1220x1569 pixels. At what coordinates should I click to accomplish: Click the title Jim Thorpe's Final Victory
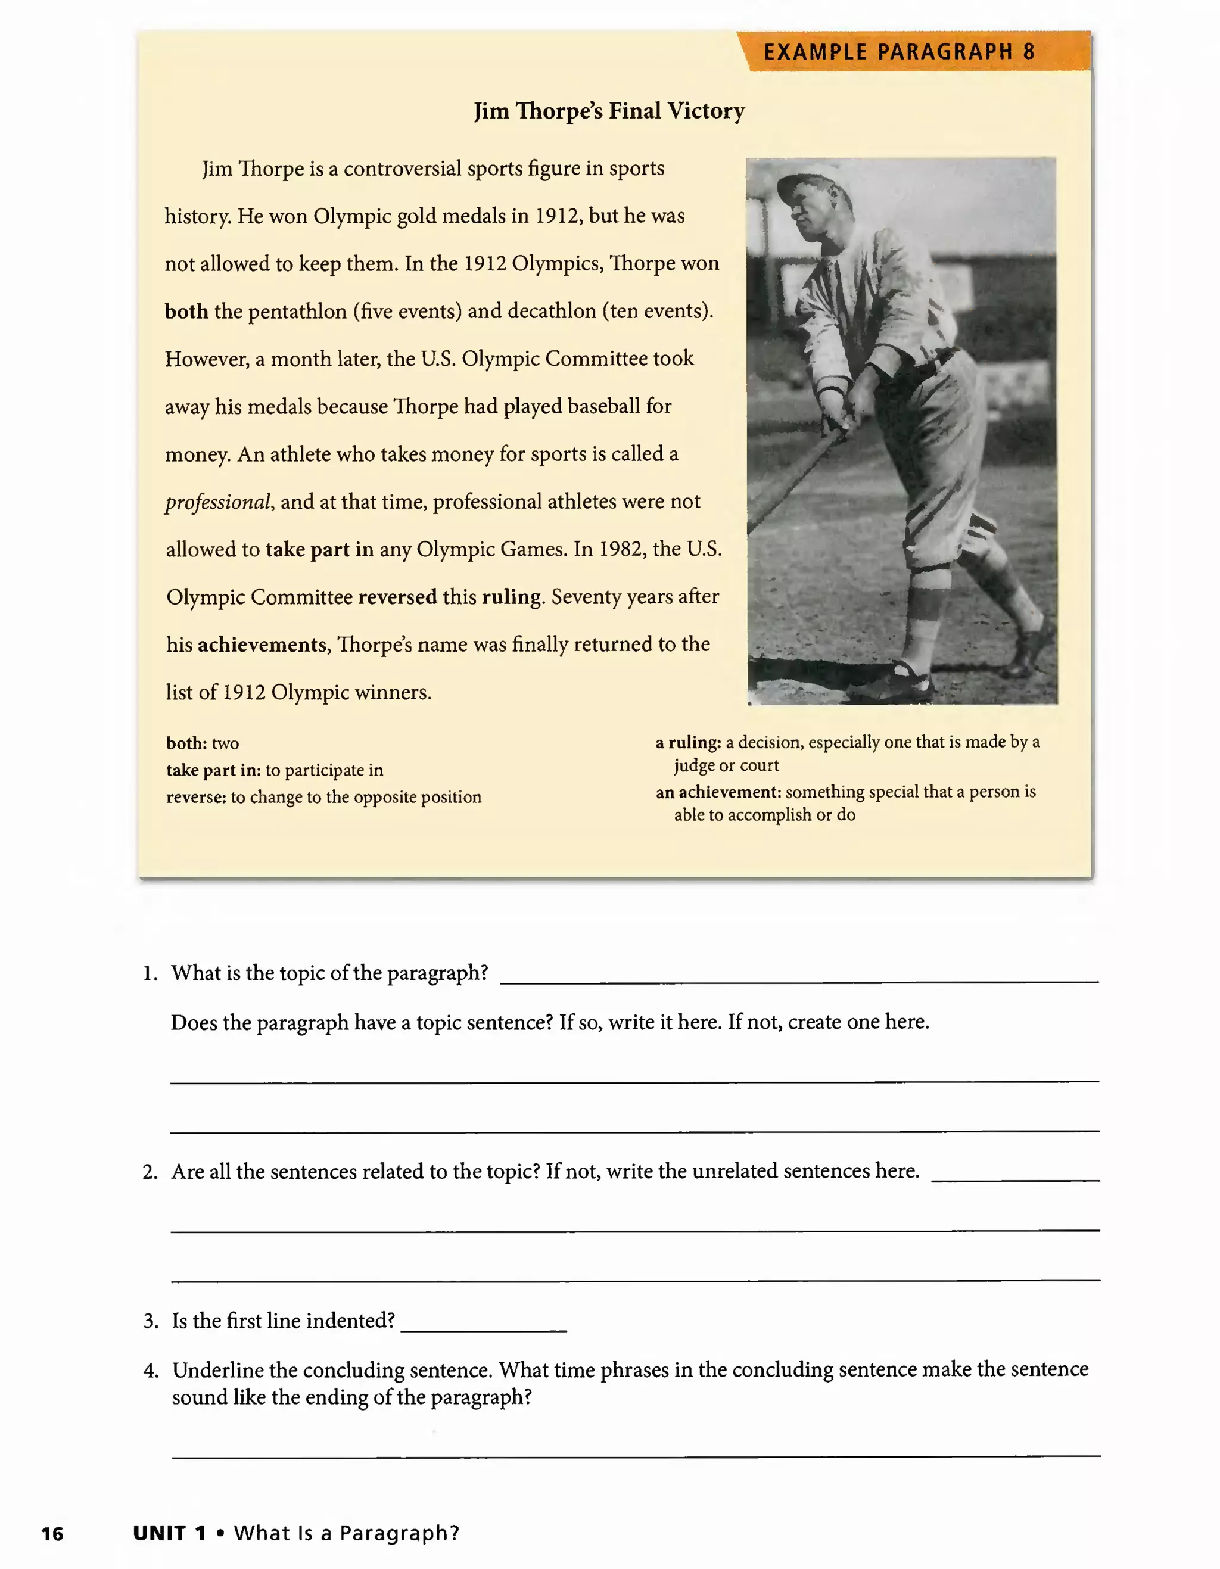pos(609,111)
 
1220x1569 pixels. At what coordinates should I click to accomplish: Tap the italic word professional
pos(217,502)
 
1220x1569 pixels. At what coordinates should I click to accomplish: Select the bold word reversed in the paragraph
pos(397,597)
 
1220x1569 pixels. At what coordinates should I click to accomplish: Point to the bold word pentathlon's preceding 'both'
pos(186,311)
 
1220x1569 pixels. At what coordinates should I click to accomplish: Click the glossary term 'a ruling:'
pos(687,742)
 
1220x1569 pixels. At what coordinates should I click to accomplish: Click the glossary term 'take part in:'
pos(213,770)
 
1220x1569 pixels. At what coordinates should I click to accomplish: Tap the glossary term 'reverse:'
pos(195,797)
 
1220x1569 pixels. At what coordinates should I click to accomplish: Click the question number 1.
pos(150,973)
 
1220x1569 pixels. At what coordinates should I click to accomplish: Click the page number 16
pos(52,1534)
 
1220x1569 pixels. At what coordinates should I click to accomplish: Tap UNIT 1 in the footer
pos(169,1533)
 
